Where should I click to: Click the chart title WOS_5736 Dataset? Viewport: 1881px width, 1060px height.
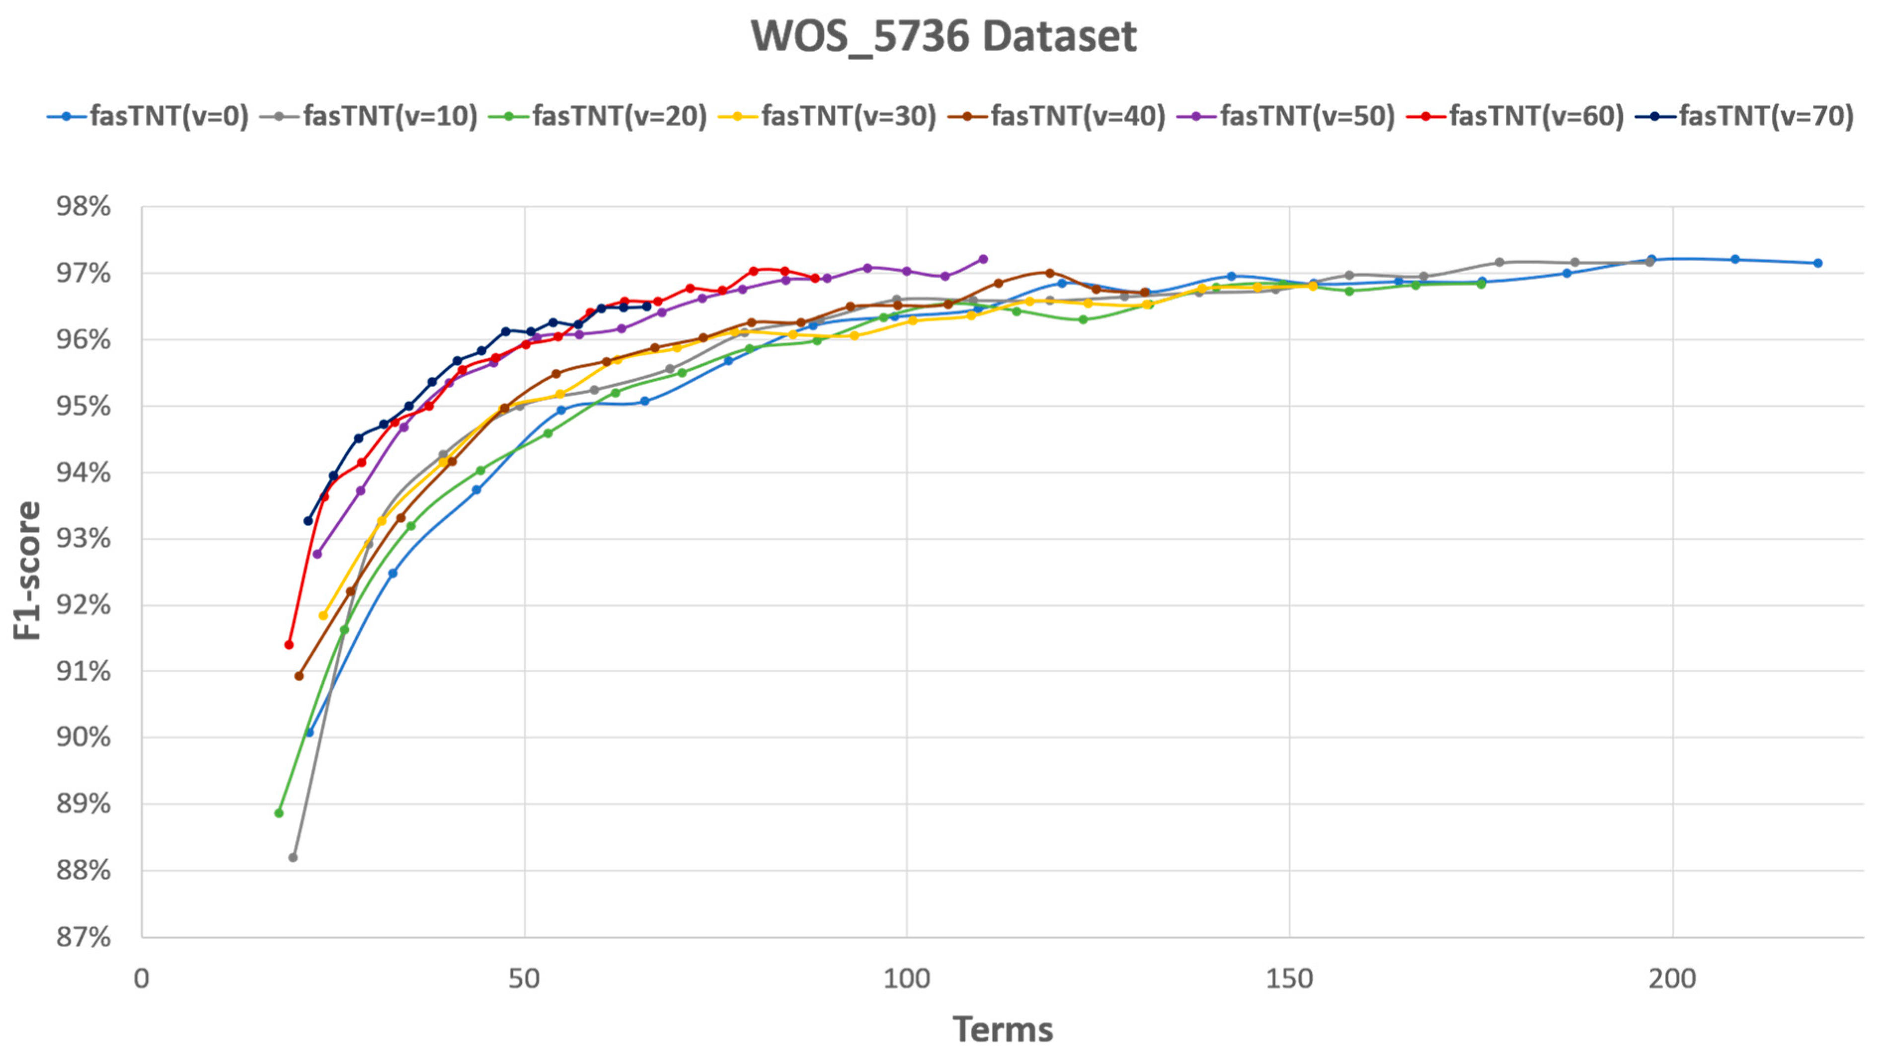click(x=943, y=37)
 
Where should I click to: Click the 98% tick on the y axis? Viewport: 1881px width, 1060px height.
click(x=84, y=207)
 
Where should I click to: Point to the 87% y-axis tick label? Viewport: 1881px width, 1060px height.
click(x=84, y=937)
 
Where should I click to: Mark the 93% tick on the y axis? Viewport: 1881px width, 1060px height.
click(x=84, y=539)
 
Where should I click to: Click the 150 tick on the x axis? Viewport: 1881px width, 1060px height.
click(x=1289, y=978)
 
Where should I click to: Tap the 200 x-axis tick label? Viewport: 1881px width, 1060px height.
click(x=1671, y=978)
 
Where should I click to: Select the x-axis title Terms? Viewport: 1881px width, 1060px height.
click(x=1003, y=1030)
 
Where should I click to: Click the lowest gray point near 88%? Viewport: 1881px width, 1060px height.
click(x=293, y=857)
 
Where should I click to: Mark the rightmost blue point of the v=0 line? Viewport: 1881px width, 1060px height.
click(x=1817, y=263)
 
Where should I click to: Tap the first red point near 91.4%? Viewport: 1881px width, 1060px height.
click(x=289, y=645)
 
